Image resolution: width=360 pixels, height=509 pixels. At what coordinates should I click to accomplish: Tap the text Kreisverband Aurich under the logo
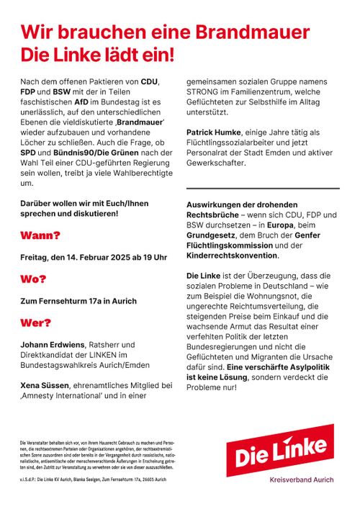(301, 479)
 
